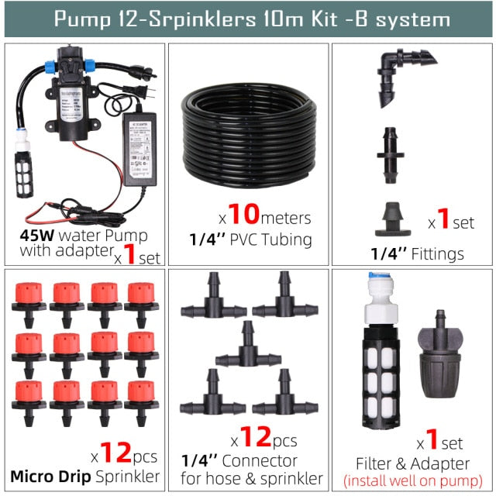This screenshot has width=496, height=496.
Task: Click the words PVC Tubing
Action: [272, 239]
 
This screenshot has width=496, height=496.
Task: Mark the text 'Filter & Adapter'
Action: [412, 463]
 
